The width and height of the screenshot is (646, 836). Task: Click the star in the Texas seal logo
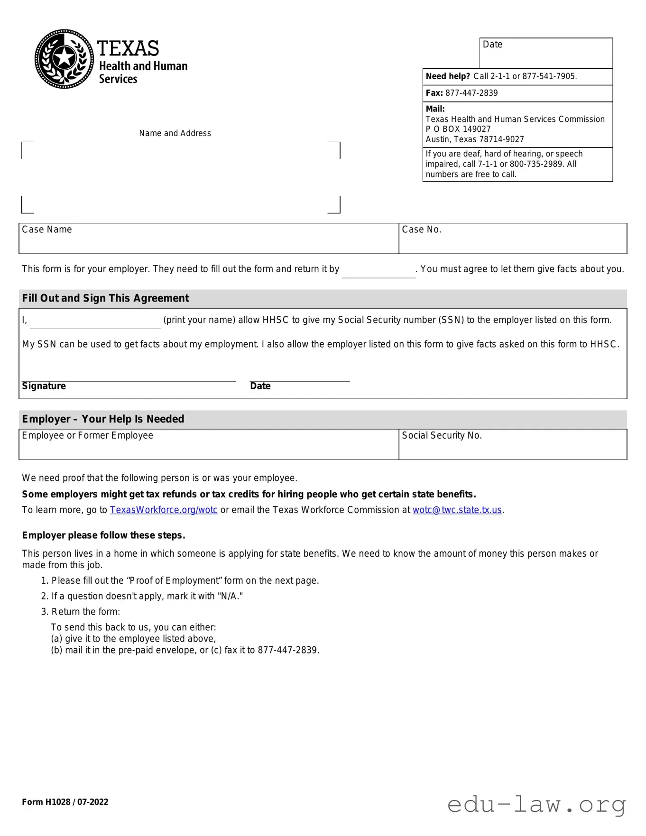point(64,58)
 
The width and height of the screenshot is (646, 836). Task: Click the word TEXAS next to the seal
point(128,48)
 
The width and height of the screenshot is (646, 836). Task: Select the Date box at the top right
point(546,53)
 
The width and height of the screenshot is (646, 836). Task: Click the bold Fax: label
point(434,93)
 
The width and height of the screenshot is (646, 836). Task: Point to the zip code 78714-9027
point(501,139)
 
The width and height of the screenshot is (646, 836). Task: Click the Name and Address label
point(175,133)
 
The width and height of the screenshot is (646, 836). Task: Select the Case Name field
point(209,239)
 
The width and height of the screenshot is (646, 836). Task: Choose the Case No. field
point(513,239)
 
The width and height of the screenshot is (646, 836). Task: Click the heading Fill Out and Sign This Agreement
point(105,298)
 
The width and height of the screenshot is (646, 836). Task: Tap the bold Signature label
point(44,386)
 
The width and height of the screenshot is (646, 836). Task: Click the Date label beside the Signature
point(260,386)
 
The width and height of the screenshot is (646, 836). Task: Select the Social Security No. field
point(513,444)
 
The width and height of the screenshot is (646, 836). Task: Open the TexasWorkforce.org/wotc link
point(164,510)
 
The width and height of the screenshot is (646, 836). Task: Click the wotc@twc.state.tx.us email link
point(457,510)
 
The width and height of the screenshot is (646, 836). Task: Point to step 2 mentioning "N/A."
point(142,596)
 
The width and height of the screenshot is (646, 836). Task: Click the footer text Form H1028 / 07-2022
point(65,802)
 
